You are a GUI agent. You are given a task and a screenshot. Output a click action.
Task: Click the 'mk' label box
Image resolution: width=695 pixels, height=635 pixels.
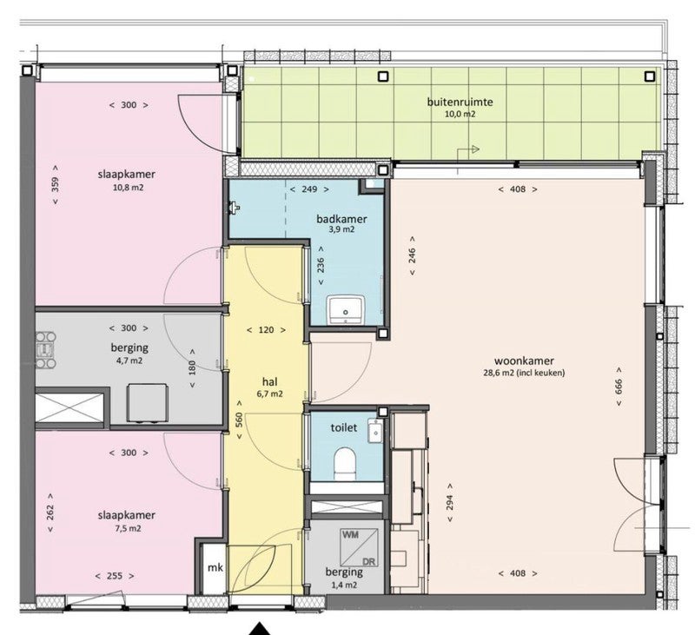211,568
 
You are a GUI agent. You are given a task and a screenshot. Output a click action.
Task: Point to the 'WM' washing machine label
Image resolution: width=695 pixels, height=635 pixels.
351,537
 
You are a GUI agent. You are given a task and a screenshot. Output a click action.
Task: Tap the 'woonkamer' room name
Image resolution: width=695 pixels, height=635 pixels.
524,360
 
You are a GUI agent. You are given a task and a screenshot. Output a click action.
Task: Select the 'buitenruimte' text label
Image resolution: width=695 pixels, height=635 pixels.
460,102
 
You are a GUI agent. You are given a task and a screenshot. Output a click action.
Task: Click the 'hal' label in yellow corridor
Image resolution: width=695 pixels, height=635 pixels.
269,380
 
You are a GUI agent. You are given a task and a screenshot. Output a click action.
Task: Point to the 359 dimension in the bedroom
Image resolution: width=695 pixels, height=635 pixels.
56,184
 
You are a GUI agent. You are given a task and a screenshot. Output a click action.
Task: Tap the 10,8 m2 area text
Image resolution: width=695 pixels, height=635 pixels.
127,187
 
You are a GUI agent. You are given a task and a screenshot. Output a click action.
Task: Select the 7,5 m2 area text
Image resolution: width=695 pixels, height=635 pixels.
127,527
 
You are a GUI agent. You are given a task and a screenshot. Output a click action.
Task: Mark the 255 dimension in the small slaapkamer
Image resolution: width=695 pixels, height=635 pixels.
116,575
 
